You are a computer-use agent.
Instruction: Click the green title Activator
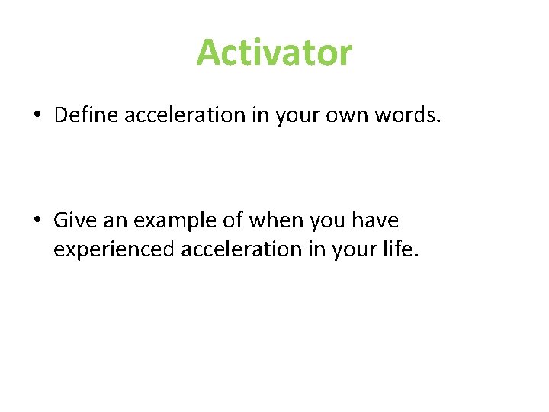tap(274, 53)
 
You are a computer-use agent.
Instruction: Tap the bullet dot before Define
tap(37, 115)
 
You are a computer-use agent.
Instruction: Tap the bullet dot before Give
tap(37, 221)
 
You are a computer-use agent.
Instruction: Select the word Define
tap(86, 114)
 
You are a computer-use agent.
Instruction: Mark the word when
tap(266, 220)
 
